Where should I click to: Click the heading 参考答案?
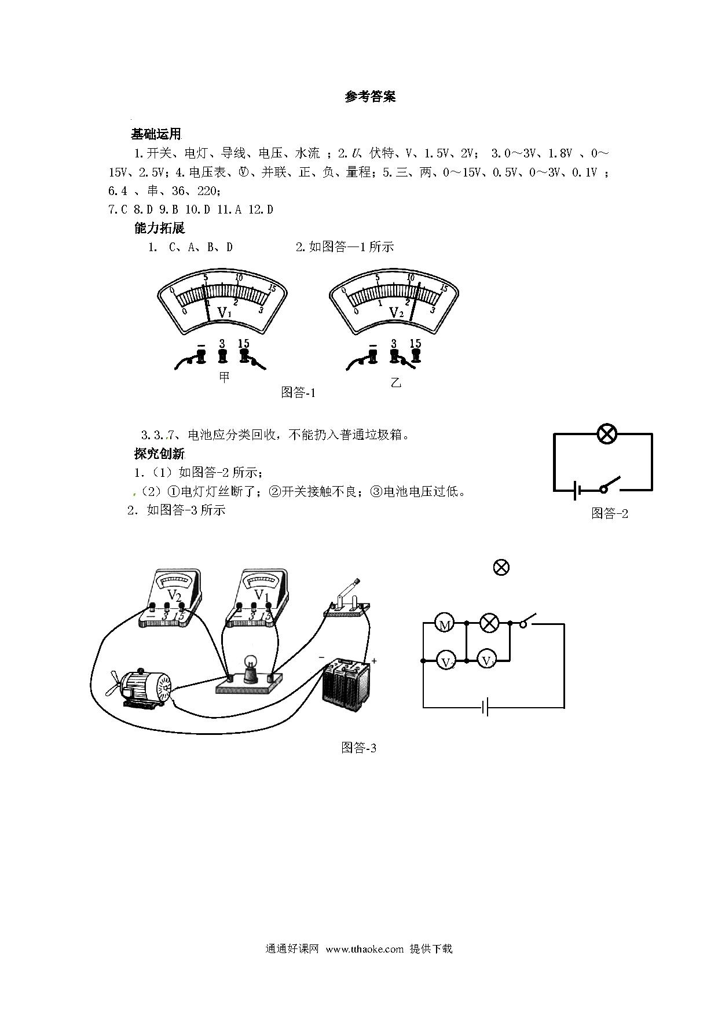[370, 97]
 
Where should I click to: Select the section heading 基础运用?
[156, 134]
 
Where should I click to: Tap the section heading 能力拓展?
[159, 228]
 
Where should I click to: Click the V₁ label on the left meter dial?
[224, 313]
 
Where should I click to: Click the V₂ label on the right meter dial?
[397, 313]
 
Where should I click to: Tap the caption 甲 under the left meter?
[224, 377]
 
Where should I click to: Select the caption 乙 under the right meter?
[396, 383]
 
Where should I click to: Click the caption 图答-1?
[298, 392]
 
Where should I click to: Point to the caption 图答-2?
[610, 513]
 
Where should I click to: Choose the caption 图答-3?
[359, 748]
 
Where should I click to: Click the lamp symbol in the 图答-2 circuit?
[607, 433]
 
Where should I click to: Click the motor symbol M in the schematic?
[445, 624]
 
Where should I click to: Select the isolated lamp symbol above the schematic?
[501, 567]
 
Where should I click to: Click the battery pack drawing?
[348, 684]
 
